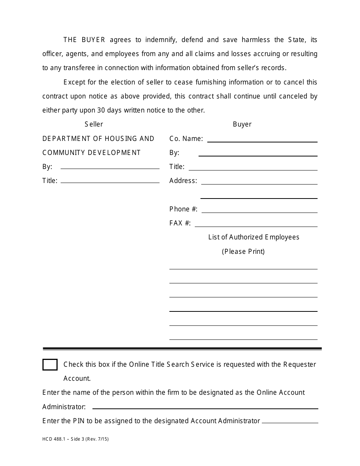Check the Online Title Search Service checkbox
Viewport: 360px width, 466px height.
(x=50, y=364)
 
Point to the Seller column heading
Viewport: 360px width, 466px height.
(x=94, y=124)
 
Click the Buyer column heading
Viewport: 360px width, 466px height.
(x=242, y=124)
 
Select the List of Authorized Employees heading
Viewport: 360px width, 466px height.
(x=254, y=237)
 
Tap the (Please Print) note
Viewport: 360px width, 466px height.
(x=243, y=252)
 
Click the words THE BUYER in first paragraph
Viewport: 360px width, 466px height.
(x=84, y=40)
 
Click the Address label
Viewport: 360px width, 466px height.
(x=183, y=181)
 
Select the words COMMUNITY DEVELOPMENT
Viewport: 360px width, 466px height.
(x=91, y=153)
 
